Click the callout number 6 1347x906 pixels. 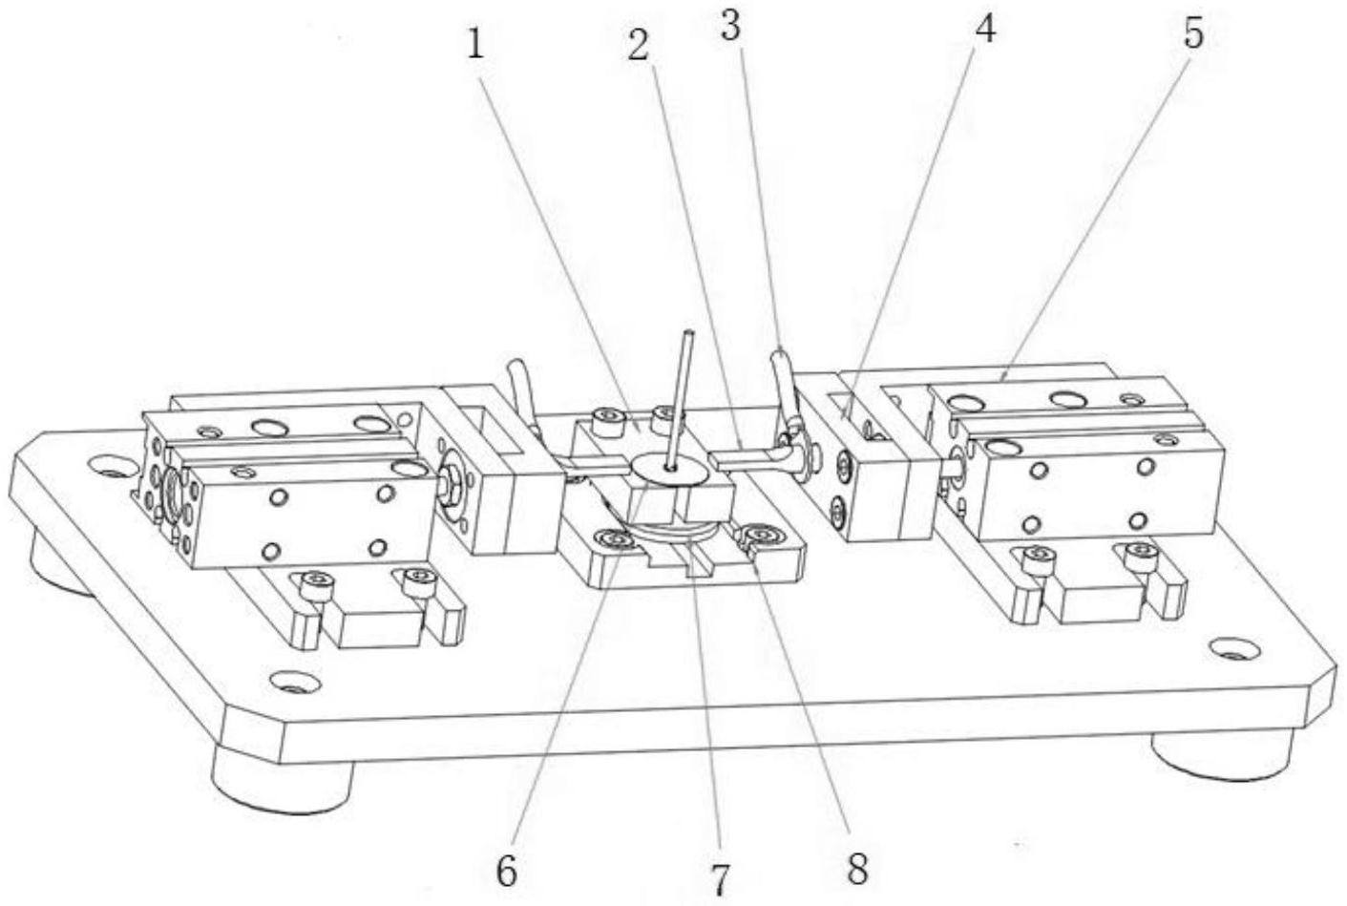point(507,868)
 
